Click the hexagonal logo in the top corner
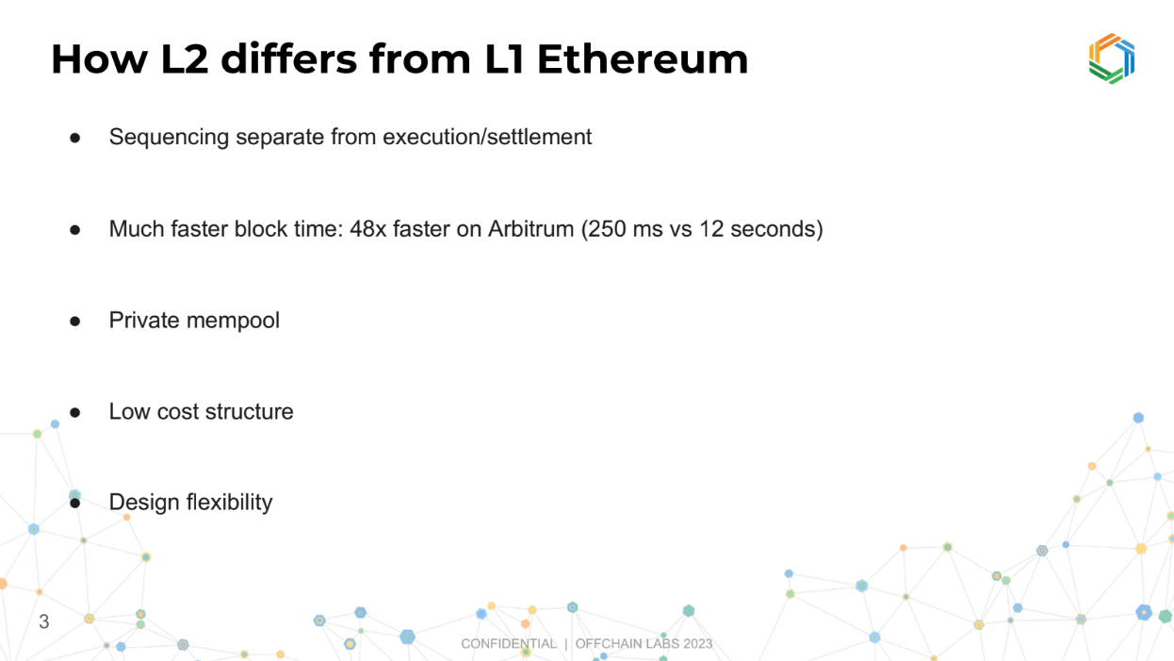pos(1112,58)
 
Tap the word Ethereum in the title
pos(643,58)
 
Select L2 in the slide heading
pos(185,58)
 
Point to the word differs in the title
pos(288,58)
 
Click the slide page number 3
pos(44,621)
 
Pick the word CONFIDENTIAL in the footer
pos(509,644)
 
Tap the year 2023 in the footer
pos(697,644)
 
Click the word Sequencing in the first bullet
pos(169,138)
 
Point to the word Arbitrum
pos(530,229)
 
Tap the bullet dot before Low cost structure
pos(75,412)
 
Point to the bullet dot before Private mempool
pos(75,321)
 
